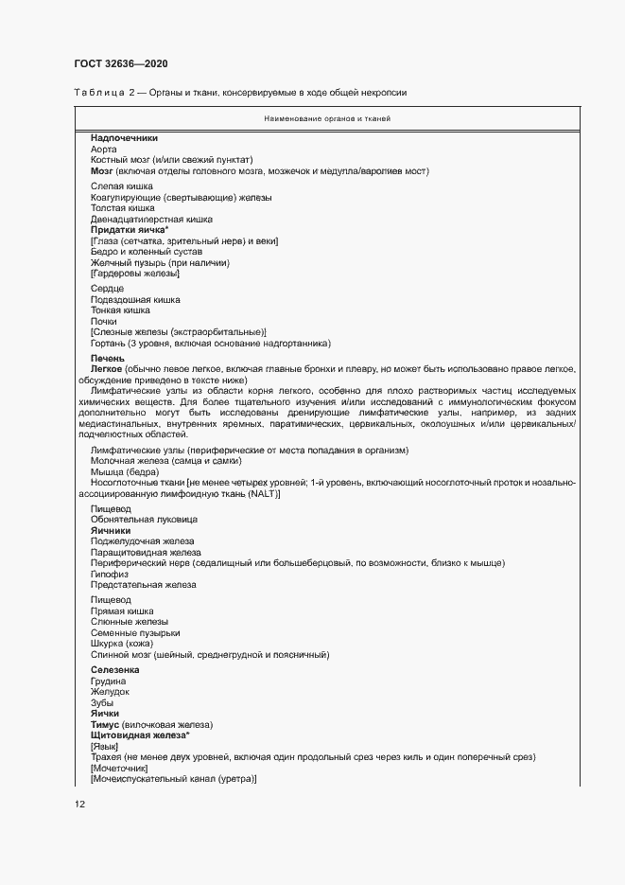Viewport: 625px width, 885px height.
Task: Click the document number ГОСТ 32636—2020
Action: point(121,62)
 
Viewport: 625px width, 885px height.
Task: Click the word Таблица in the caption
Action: point(98,92)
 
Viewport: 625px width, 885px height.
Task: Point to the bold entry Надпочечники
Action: point(124,138)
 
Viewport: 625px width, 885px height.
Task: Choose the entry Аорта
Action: point(104,149)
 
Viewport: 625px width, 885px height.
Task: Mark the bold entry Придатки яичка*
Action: point(130,230)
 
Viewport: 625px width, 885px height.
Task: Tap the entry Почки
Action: point(104,322)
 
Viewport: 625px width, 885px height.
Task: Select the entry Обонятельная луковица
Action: point(144,520)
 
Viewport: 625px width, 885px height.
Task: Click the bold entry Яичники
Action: point(111,531)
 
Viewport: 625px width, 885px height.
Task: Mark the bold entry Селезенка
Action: point(116,670)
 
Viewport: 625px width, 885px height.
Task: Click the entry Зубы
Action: point(102,702)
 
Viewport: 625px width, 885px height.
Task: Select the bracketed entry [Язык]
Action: point(104,746)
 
